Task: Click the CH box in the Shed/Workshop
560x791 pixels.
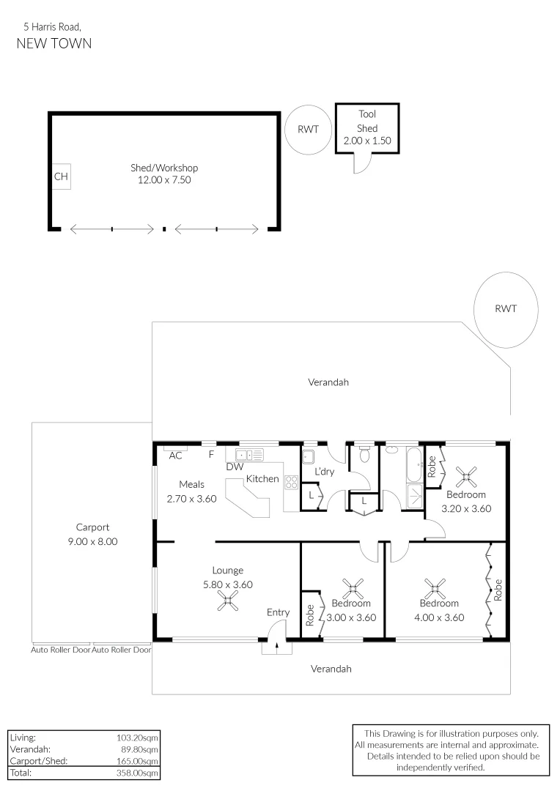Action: pos(61,177)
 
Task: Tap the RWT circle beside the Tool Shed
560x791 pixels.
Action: pos(308,130)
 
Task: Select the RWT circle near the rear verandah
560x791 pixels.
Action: pos(506,308)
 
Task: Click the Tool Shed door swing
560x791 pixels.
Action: pos(362,164)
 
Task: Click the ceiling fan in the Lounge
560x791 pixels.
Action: pos(228,601)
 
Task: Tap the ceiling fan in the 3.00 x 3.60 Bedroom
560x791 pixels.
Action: pos(354,587)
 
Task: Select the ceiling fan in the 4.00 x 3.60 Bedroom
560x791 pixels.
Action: pos(435,586)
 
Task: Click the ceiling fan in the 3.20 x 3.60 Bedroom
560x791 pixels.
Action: pos(465,478)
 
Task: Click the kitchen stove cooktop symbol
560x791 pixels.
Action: pos(291,482)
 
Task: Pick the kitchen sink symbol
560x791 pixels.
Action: pos(249,455)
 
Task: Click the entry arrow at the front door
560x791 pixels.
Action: pos(276,642)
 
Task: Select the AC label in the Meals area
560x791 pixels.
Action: pos(175,456)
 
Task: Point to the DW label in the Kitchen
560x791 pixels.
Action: pos(235,467)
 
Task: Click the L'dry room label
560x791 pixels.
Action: pos(324,472)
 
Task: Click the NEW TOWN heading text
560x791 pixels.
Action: pos(54,43)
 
